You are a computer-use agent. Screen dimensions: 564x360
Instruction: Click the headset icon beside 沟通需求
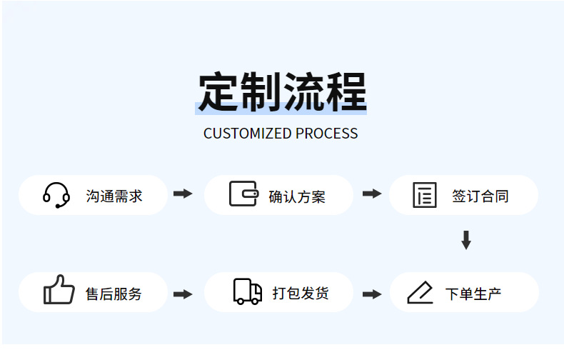tap(56, 196)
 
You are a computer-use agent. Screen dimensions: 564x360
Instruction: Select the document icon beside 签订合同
tap(425, 195)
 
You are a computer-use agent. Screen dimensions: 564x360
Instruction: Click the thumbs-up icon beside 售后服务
tap(59, 290)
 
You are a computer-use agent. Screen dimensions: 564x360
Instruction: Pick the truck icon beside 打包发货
tap(248, 291)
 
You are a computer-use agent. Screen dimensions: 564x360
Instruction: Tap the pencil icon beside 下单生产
tap(420, 292)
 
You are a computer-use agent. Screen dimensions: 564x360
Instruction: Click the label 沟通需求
tap(114, 196)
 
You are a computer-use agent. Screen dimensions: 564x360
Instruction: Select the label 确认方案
tap(297, 197)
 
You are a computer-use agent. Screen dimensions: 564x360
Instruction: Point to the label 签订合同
tap(480, 196)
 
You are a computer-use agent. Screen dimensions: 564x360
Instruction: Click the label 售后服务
tap(114, 294)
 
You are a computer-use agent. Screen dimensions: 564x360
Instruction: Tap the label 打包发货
tap(301, 293)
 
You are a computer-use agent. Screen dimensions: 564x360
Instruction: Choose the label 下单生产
tap(473, 294)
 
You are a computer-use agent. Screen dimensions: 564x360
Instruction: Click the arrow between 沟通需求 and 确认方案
tap(183, 194)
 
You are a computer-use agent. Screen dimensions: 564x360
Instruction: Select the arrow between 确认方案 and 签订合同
tap(372, 194)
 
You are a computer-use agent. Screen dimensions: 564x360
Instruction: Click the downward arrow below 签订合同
tap(466, 240)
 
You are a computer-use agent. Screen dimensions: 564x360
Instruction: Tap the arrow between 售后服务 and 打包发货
tap(183, 294)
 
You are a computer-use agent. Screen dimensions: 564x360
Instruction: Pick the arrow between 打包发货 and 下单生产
tap(372, 294)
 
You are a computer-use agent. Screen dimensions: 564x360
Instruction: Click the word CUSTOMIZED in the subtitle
tap(248, 134)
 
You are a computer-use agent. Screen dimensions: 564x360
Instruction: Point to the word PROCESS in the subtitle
tap(327, 134)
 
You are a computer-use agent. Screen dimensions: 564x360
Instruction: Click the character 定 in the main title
tap(218, 91)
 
